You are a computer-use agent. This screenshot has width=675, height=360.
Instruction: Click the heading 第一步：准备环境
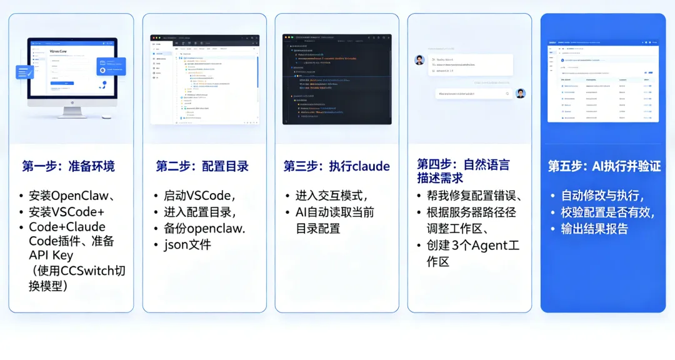click(x=68, y=166)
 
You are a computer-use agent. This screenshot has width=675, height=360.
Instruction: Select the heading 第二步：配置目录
click(x=202, y=166)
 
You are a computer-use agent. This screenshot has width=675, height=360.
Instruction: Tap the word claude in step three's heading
click(x=371, y=166)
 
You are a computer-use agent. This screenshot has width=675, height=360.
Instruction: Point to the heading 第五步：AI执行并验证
click(x=604, y=166)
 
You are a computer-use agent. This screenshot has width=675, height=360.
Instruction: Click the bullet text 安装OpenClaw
click(x=69, y=196)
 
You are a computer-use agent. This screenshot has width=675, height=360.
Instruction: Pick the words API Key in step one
click(x=51, y=255)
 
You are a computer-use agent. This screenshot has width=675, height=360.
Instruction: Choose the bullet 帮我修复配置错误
click(x=474, y=196)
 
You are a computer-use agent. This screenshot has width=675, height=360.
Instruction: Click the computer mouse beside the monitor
click(x=107, y=117)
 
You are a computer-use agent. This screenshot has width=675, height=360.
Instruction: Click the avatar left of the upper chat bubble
click(x=419, y=60)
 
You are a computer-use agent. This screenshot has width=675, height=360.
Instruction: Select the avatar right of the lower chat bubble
click(x=521, y=93)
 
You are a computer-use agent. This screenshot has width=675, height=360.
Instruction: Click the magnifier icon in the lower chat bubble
click(x=507, y=94)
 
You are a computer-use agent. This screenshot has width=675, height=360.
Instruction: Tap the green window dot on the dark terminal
click(x=292, y=37)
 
